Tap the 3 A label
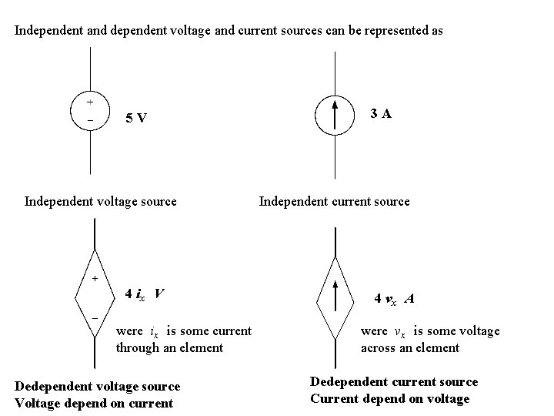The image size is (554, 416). [380, 114]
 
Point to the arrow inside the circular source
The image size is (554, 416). [335, 115]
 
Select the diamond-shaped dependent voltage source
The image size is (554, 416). [95, 295]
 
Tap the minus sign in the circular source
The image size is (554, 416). [90, 121]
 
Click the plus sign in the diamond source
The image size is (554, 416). [95, 278]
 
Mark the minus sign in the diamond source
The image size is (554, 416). [95, 317]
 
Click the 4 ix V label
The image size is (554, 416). [144, 294]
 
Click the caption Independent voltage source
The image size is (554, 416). [101, 202]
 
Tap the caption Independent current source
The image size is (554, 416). [334, 202]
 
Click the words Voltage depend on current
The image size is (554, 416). [94, 403]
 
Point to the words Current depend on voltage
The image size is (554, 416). [389, 398]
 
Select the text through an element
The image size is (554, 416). [169, 347]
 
